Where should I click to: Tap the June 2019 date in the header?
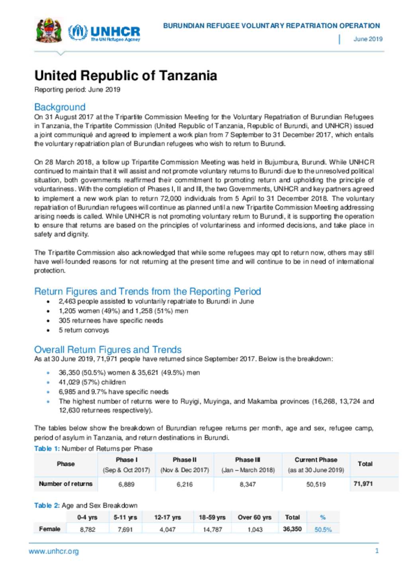[x=368, y=39]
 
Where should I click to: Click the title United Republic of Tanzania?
[x=126, y=76]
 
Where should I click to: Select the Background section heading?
[x=60, y=107]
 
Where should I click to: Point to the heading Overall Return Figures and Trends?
[x=108, y=350]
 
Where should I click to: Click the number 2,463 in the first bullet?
[x=67, y=301]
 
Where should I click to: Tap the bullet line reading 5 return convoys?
[x=84, y=330]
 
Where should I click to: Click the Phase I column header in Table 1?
[x=126, y=460]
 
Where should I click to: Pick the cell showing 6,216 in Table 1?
[x=184, y=485]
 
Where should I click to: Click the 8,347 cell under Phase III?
[x=248, y=485]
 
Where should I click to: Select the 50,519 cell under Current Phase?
[x=316, y=485]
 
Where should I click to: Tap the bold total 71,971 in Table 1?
[x=363, y=484]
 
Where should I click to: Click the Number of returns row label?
[x=66, y=484]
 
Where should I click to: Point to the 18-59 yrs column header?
[x=212, y=517]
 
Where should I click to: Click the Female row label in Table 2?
[x=50, y=529]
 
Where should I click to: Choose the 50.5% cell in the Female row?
[x=323, y=530]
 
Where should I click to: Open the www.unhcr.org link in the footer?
[x=54, y=552]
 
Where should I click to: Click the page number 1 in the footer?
[x=377, y=551]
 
